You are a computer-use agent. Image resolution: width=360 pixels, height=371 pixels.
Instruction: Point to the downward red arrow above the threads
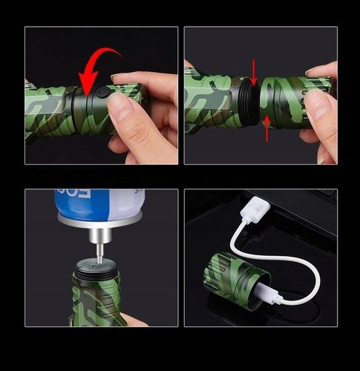coord(254,72)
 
